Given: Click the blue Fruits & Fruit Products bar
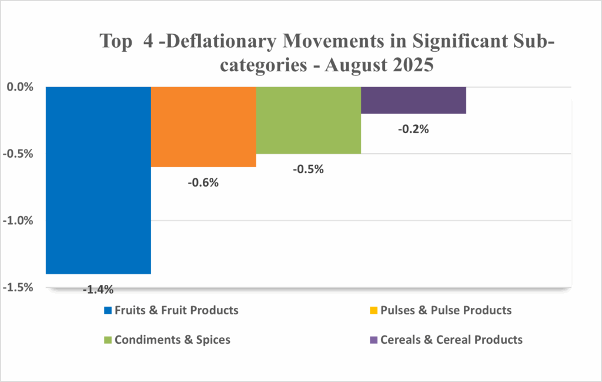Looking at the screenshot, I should (x=99, y=180).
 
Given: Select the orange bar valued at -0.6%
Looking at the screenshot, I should (x=203, y=127).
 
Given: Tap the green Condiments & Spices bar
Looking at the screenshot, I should (x=308, y=120).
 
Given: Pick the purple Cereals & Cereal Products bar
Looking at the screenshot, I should (x=413, y=100).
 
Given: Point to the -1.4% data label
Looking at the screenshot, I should (x=98, y=289).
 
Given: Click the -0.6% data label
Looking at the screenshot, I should (x=203, y=182).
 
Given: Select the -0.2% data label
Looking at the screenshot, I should (x=413, y=129).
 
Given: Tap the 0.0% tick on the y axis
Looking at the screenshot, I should (x=21, y=87).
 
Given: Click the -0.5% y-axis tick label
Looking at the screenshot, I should (x=20, y=154).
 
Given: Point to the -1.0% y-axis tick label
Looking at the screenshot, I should (x=20, y=221).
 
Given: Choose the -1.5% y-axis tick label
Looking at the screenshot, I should (x=20, y=288).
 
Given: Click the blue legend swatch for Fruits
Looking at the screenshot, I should (x=107, y=310).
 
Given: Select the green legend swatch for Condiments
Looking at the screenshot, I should (x=107, y=340).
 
